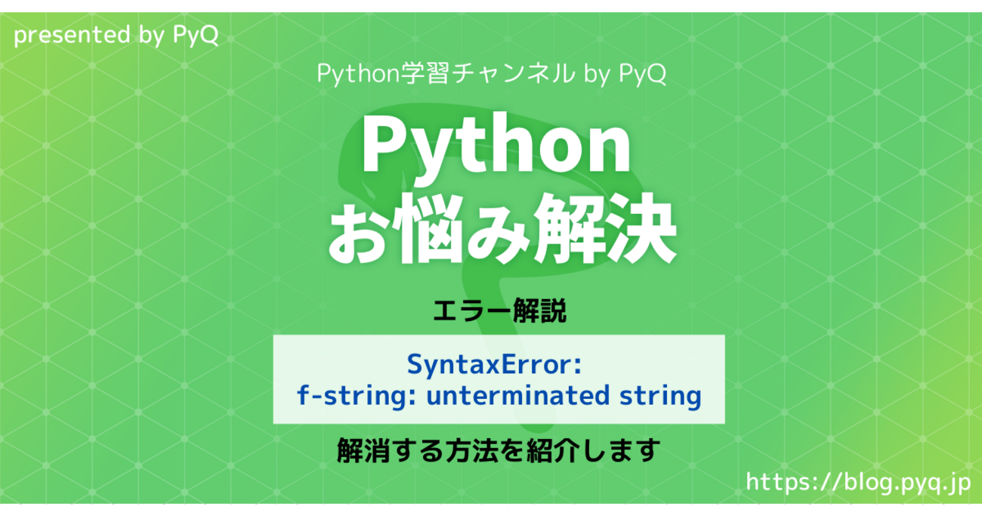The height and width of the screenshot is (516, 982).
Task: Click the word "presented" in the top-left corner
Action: [73, 35]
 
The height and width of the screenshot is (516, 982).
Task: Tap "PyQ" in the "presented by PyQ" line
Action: [196, 35]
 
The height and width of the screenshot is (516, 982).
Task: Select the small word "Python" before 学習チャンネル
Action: [357, 73]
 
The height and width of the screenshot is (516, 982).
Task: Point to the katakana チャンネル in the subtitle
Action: [513, 73]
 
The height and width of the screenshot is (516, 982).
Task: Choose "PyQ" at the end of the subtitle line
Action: [642, 73]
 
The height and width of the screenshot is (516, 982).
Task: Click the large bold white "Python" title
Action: [496, 144]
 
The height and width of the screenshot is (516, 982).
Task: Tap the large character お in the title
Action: [358, 228]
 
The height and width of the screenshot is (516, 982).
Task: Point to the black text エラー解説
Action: [499, 311]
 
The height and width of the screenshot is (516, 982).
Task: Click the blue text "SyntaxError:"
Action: [494, 365]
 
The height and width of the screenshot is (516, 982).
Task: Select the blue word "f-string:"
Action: [356, 396]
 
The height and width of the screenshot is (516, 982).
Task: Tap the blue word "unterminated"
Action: [517, 395]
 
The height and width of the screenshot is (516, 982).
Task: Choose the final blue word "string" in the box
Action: [660, 396]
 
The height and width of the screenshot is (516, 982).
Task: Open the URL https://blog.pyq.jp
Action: [858, 483]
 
